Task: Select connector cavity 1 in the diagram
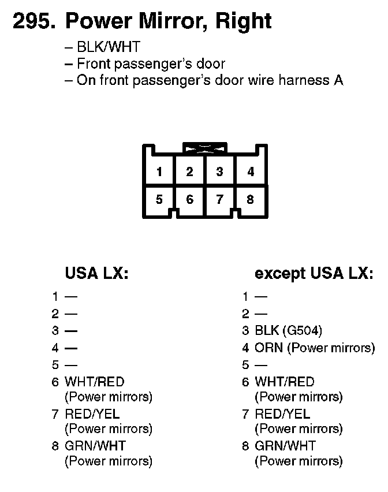click(159, 172)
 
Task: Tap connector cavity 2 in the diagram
click(189, 172)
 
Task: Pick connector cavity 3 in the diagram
click(219, 172)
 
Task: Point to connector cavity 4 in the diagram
click(250, 172)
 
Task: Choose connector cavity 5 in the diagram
click(159, 200)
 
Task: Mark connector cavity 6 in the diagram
click(189, 200)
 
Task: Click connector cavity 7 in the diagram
click(219, 200)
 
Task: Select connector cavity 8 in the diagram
click(250, 200)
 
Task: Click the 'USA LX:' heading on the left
click(96, 273)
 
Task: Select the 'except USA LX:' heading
click(314, 273)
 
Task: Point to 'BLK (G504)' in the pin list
click(288, 331)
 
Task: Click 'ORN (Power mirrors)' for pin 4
click(315, 348)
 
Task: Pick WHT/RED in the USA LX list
click(95, 382)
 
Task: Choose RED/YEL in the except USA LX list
click(282, 414)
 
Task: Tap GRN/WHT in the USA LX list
click(95, 446)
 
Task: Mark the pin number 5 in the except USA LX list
click(245, 365)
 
